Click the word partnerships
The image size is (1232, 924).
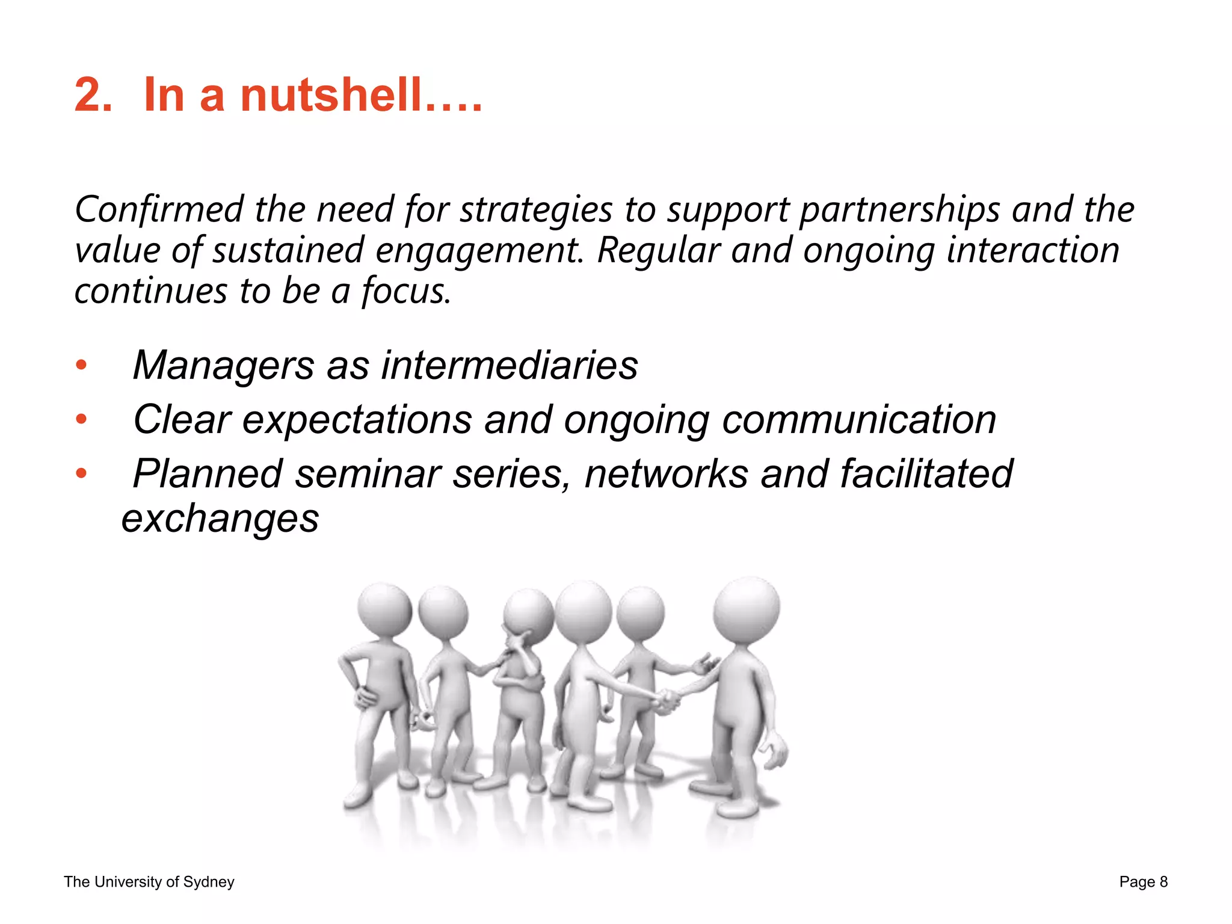point(899,211)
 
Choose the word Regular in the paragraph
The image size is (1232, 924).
point(658,250)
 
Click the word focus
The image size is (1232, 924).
point(405,292)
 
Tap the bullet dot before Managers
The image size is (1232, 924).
point(81,365)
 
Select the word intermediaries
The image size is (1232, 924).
point(509,365)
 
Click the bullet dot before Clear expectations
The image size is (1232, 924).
point(81,419)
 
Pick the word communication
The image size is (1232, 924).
point(858,419)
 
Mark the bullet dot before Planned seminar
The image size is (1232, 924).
point(81,473)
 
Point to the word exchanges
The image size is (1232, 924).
point(220,519)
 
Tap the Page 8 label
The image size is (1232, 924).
point(1143,882)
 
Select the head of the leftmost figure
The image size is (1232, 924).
point(384,609)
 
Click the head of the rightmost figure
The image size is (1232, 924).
point(747,610)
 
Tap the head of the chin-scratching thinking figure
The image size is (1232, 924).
point(528,615)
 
